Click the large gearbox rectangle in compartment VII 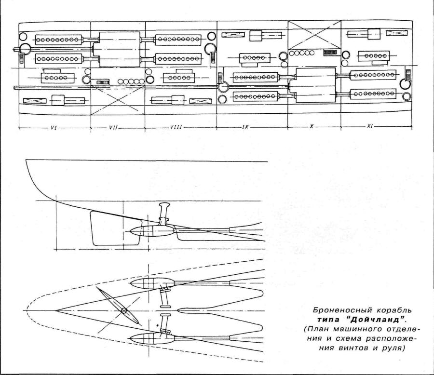(120, 49)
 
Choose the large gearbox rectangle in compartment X (316, 85)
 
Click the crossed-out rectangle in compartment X (314, 35)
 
